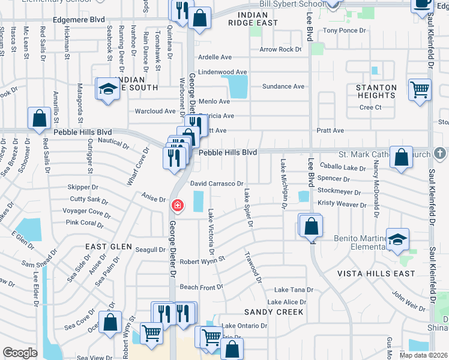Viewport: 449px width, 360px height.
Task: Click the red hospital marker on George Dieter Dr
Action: tap(178, 205)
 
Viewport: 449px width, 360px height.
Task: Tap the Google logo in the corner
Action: tap(20, 353)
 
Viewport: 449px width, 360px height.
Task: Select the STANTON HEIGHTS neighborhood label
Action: tap(376, 92)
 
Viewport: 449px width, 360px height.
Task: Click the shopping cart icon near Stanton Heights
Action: tap(420, 90)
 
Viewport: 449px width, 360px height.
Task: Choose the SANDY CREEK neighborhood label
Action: tap(274, 312)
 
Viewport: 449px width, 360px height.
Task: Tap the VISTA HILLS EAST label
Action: tap(376, 274)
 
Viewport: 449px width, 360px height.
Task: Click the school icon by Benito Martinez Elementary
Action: tap(397, 240)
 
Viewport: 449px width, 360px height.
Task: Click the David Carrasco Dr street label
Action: tap(217, 184)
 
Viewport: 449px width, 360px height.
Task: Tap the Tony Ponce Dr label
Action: tap(344, 31)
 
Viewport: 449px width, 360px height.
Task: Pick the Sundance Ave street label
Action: tap(283, 86)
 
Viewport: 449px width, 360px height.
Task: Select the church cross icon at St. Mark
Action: tap(439, 154)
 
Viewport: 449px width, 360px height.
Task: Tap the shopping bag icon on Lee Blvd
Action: tap(311, 227)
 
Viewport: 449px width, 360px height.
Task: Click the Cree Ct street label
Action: tap(370, 107)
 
